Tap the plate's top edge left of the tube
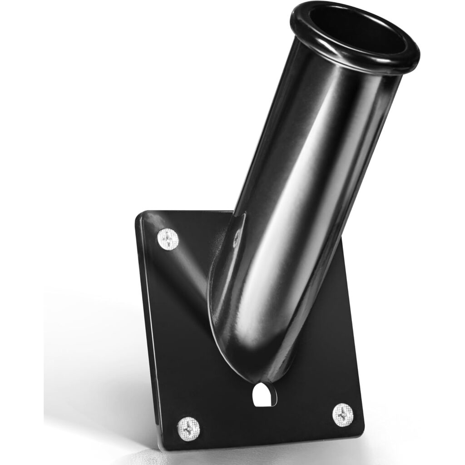pyautogui.click(x=191, y=213)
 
